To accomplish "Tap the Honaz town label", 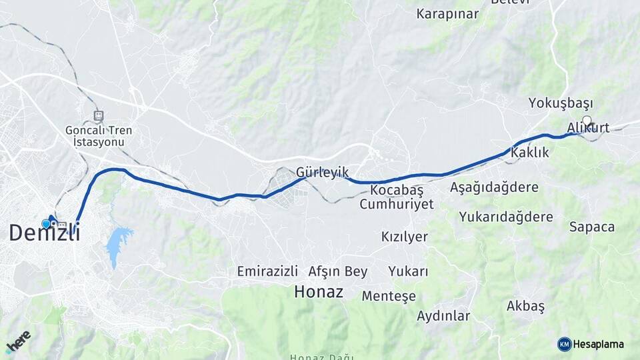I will (319, 291).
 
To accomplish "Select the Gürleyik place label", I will (323, 172).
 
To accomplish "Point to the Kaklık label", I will (529, 153).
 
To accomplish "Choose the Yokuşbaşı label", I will (560, 103).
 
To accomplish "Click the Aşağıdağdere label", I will (494, 187).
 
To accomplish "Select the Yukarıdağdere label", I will (506, 217).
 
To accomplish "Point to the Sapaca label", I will (592, 227).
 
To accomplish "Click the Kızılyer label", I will (404, 237).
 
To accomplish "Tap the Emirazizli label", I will (267, 271).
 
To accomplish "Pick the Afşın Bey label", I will (338, 271).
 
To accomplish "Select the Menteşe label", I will (389, 295).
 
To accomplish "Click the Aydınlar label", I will (443, 316).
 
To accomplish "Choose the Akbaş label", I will (525, 306).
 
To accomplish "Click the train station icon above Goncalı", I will (99, 115).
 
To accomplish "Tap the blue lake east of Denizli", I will (118, 242).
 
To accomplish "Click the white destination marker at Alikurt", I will (587, 121).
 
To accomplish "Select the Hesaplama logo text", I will (599, 344).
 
